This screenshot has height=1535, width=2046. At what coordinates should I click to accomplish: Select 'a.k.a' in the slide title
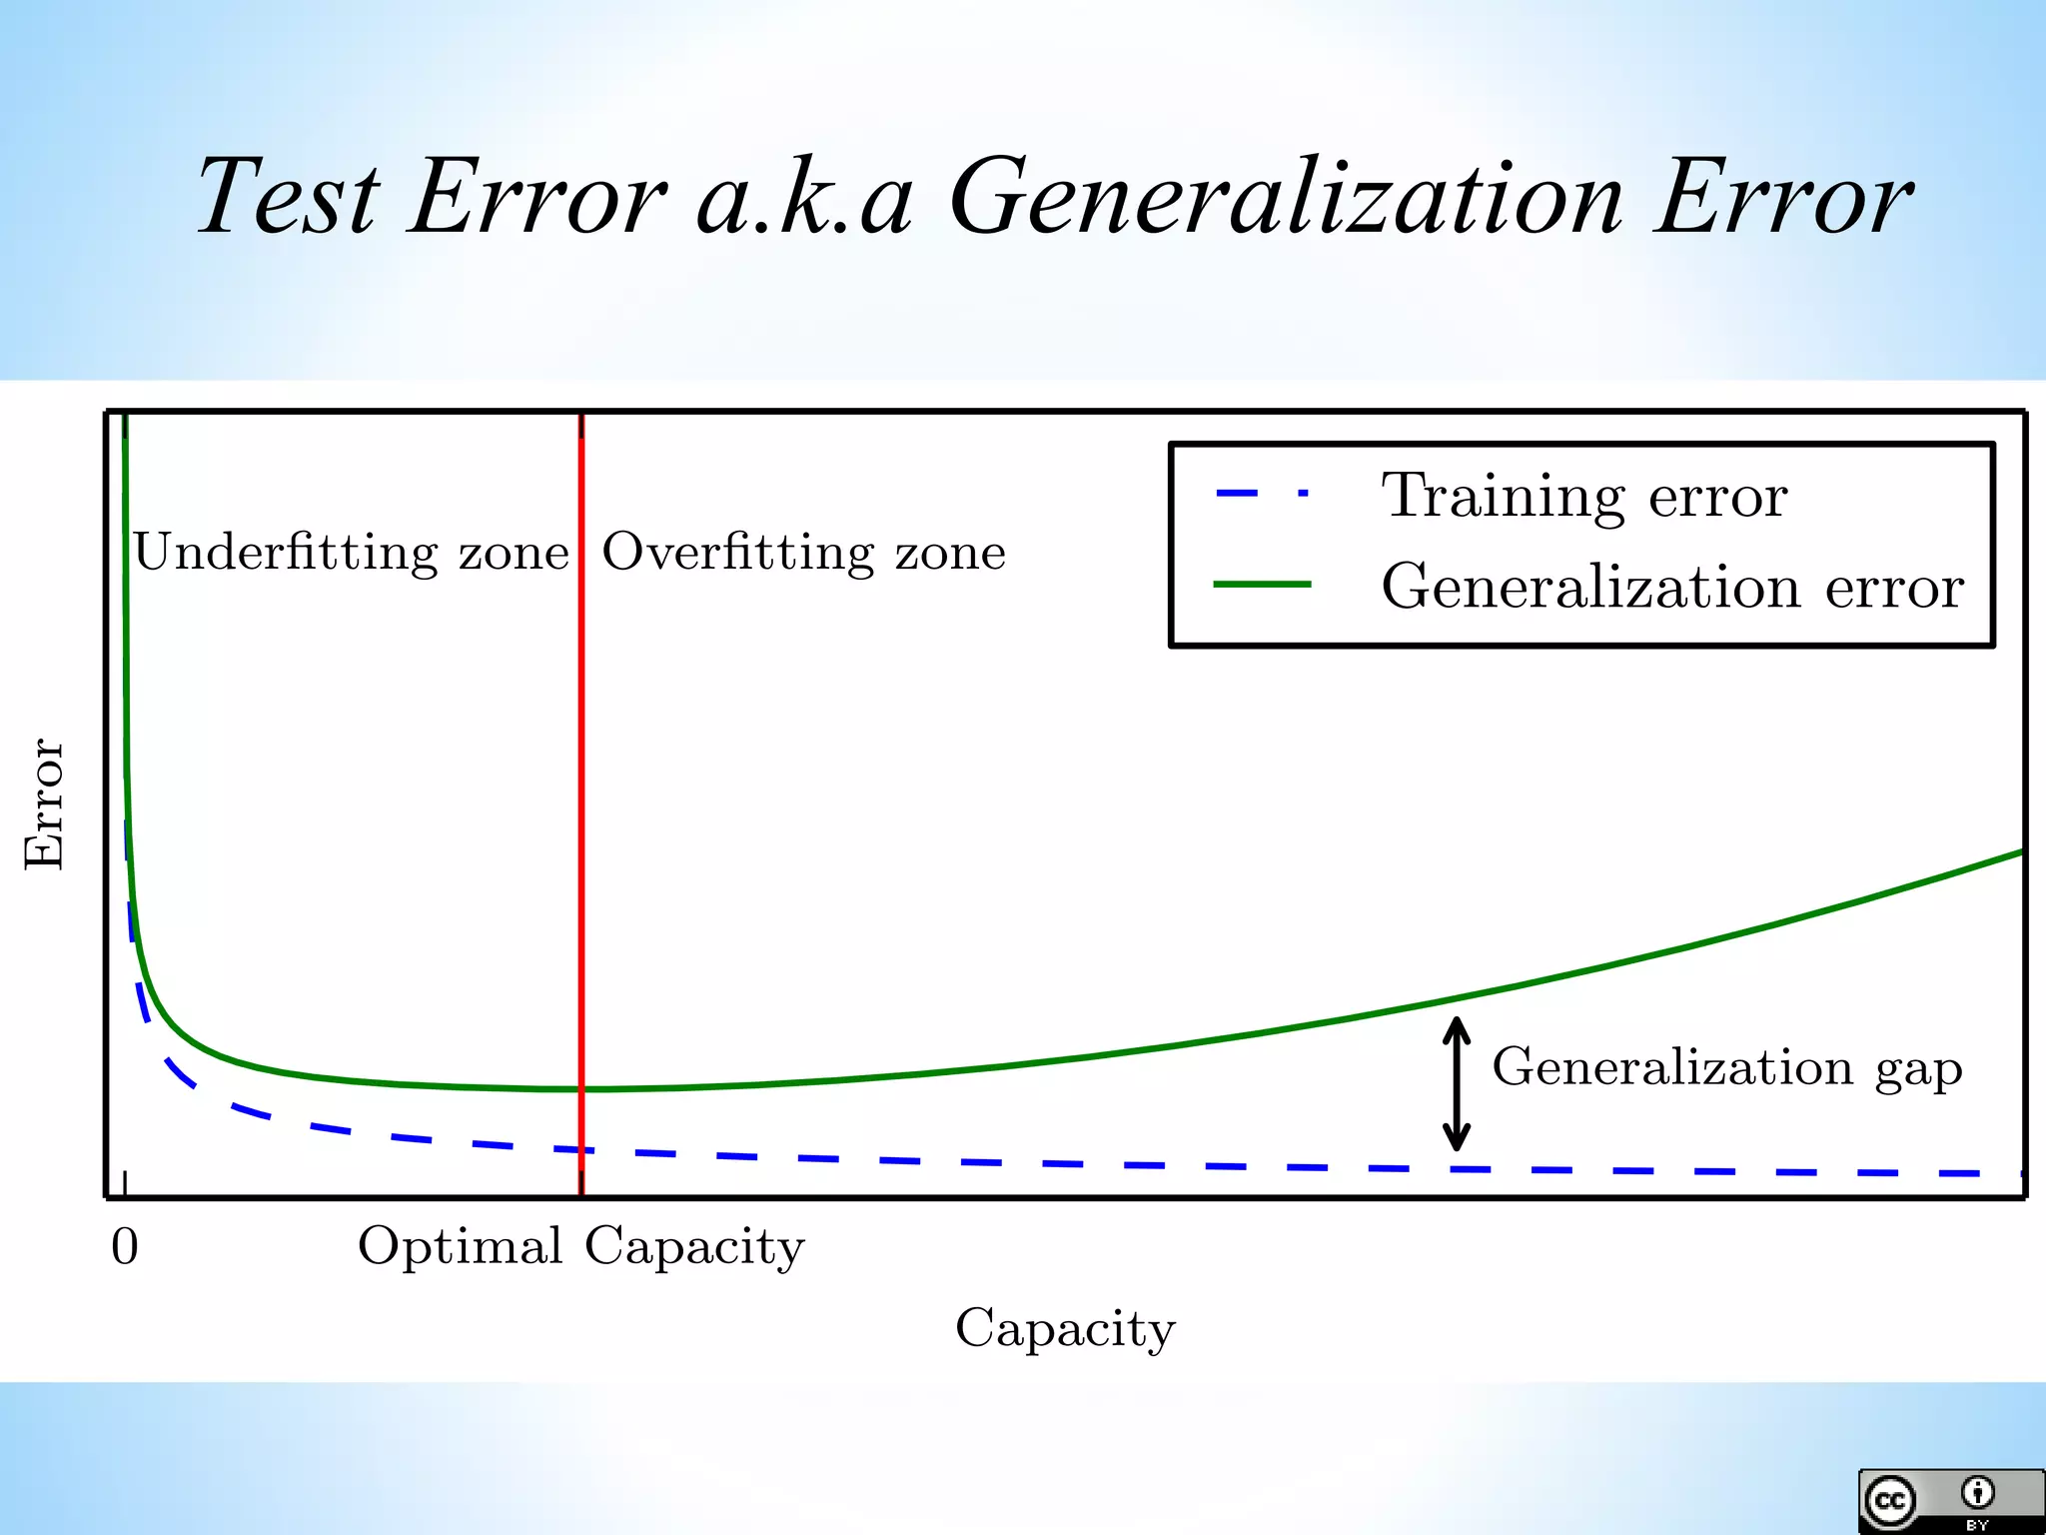[x=804, y=197]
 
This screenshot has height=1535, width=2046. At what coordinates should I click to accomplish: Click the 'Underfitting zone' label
[x=351, y=553]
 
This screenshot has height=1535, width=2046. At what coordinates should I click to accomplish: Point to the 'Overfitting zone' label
[x=804, y=553]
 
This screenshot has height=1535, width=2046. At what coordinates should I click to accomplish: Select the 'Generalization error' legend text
[x=1672, y=586]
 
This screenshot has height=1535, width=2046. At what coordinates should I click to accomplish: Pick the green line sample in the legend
[x=1262, y=585]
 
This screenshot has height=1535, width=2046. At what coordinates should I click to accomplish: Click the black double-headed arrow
[x=1457, y=1083]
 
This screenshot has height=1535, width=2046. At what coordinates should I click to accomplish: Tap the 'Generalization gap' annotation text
[x=1727, y=1068]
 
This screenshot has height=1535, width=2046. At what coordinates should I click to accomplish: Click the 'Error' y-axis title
[x=45, y=804]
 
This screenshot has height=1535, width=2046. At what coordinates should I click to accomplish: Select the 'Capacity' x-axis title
[x=1065, y=1329]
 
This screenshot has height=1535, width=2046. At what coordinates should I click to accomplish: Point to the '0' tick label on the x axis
[x=125, y=1247]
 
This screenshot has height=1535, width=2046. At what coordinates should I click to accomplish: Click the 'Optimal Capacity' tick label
[x=581, y=1247]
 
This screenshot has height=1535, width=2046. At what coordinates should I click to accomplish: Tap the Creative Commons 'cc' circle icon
[x=1889, y=1501]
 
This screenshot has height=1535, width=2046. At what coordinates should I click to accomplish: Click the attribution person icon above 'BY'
[x=1977, y=1493]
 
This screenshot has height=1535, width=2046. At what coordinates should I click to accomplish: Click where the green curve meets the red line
[x=581, y=1088]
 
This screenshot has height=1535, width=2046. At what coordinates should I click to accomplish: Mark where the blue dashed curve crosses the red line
[x=581, y=1150]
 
